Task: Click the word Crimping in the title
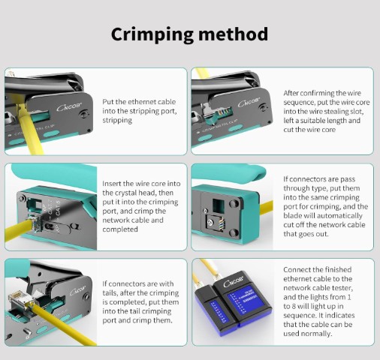click(152, 34)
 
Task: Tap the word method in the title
click(234, 34)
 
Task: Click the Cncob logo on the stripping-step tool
click(69, 106)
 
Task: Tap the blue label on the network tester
click(245, 299)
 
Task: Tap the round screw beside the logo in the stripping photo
click(83, 115)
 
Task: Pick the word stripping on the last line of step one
click(117, 121)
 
